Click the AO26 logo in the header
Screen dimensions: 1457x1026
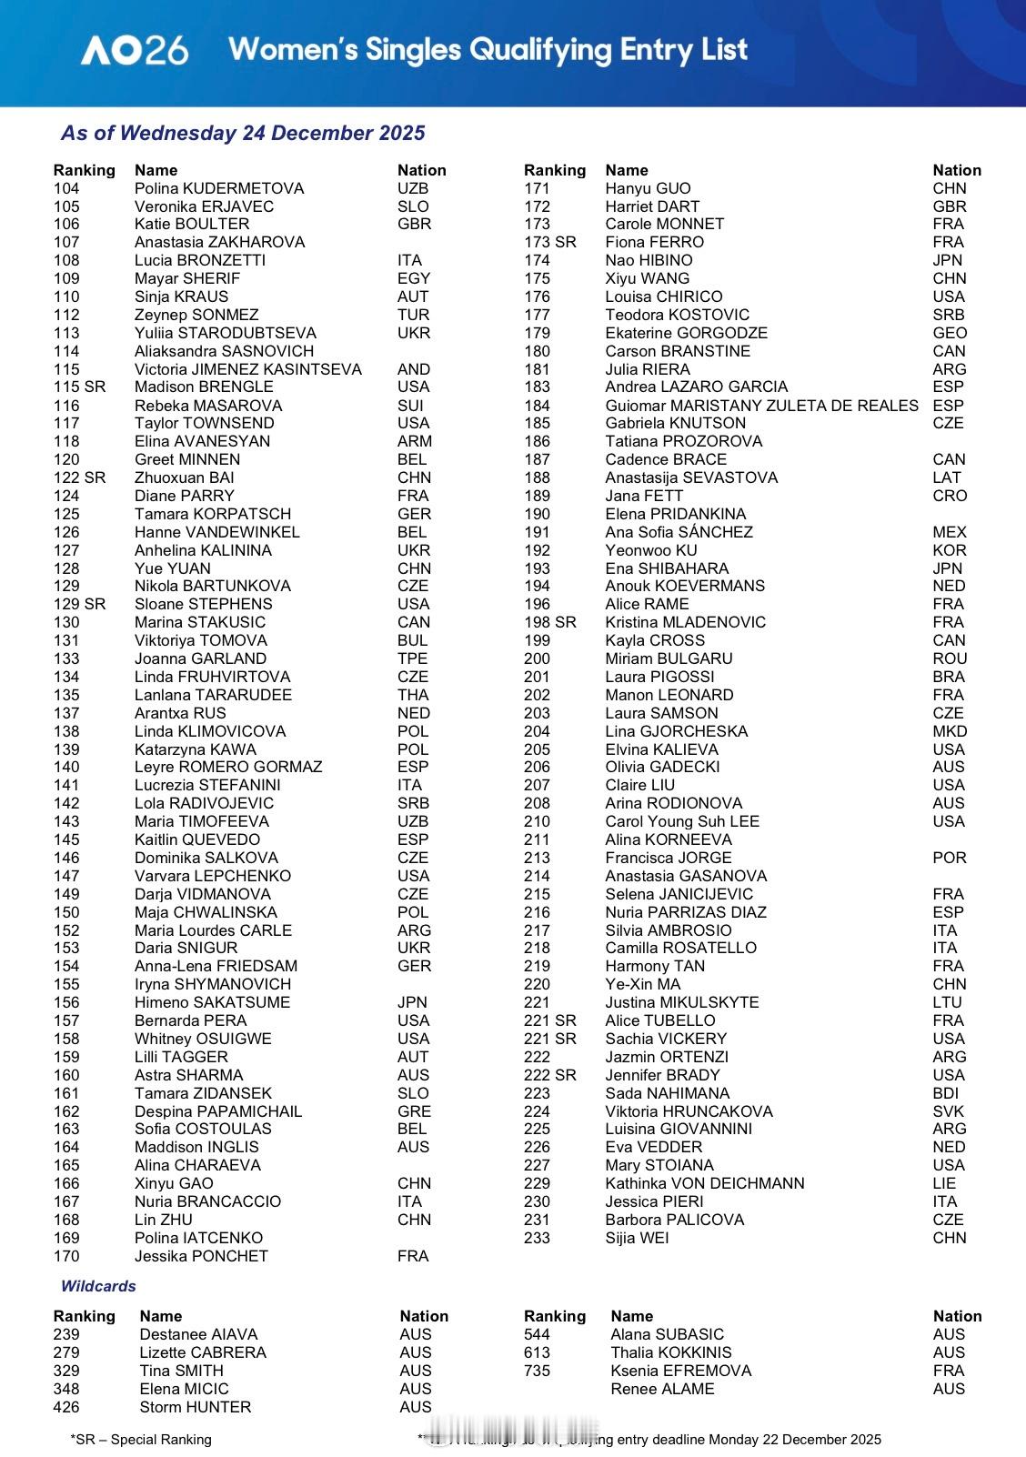(135, 50)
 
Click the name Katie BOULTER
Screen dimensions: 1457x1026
(192, 224)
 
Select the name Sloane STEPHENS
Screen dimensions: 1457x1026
(204, 604)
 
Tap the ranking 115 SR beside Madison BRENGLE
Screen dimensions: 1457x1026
(79, 387)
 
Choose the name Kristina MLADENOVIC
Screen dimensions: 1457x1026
(686, 622)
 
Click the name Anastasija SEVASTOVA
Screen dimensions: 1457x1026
(691, 477)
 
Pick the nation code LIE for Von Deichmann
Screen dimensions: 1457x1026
(944, 1183)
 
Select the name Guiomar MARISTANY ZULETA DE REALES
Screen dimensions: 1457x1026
(761, 406)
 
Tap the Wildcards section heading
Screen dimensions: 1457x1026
(98, 1286)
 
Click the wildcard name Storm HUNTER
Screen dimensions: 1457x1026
(196, 1407)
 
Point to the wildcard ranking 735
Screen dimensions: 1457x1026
(537, 1371)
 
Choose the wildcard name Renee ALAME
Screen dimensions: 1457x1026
(662, 1389)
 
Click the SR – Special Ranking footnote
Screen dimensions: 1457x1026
(141, 1440)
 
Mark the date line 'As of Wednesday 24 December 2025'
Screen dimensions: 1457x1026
(243, 133)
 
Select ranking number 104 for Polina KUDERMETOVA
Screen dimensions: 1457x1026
(66, 188)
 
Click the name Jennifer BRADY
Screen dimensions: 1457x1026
(662, 1075)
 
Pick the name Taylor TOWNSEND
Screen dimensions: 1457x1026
(205, 423)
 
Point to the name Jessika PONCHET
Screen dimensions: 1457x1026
(202, 1256)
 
